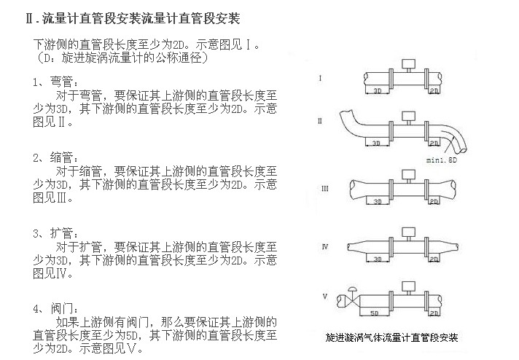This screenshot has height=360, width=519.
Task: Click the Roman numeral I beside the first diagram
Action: coord(321,77)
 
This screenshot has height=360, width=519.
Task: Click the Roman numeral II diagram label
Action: coord(320,122)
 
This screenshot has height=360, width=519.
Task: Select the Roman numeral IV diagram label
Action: coord(324,248)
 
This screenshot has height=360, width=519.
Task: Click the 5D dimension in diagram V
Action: coord(374,313)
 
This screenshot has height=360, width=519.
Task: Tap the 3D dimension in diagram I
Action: coord(377,91)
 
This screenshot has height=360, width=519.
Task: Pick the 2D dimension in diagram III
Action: coord(434,199)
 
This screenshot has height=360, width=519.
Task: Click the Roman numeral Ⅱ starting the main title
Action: coord(30,16)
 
